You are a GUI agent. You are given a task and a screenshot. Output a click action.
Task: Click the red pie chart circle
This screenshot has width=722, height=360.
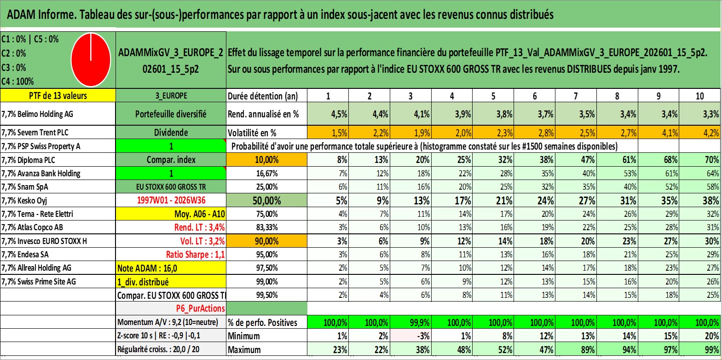pyautogui.click(x=91, y=60)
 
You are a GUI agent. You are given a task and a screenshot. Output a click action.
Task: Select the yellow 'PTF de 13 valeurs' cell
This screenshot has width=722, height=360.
pyautogui.click(x=58, y=95)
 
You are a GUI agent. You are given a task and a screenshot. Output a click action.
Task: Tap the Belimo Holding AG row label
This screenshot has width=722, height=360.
pyautogui.click(x=37, y=114)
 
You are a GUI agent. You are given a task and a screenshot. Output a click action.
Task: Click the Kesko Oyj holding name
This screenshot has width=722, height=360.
pyautogui.click(x=24, y=201)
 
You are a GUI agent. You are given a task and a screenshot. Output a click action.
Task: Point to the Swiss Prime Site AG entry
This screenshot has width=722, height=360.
pyautogui.click(x=39, y=282)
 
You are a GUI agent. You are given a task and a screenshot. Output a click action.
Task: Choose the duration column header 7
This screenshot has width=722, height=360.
pyautogui.click(x=576, y=96)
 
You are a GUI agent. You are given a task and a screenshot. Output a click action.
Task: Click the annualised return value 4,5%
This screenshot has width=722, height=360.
pyautogui.click(x=339, y=114)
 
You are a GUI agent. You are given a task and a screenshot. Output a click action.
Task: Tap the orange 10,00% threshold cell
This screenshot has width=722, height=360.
pyautogui.click(x=266, y=160)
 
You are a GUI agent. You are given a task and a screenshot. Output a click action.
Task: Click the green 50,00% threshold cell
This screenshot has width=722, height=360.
pyautogui.click(x=266, y=201)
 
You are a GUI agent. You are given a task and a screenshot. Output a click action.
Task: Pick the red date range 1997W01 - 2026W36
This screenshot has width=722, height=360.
pyautogui.click(x=171, y=200)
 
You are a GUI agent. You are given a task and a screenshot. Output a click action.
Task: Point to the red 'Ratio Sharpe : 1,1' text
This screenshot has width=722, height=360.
pyautogui.click(x=195, y=255)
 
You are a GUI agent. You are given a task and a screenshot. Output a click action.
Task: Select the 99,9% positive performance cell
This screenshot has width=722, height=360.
pyautogui.click(x=411, y=323)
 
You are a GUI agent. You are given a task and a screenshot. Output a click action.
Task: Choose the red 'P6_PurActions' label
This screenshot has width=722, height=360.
pyautogui.click(x=200, y=309)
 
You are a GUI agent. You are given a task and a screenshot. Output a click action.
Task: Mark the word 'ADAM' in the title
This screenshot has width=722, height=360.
pyautogui.click(x=21, y=15)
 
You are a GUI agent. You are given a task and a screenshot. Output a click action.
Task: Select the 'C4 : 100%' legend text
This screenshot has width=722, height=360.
pyautogui.click(x=18, y=81)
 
